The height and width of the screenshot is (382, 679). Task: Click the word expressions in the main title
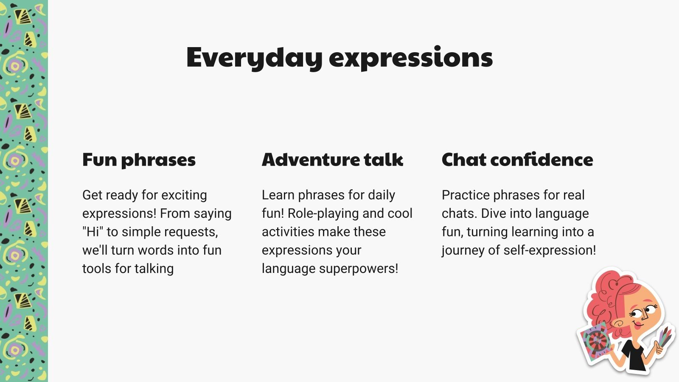coord(411,58)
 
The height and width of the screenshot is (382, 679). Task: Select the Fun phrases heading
coord(139,160)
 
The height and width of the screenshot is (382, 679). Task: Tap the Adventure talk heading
coord(332,160)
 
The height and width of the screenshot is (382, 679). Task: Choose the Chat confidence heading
coord(517,160)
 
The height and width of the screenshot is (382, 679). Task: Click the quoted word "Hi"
coord(93,232)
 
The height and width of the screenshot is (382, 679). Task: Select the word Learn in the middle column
coord(278,195)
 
